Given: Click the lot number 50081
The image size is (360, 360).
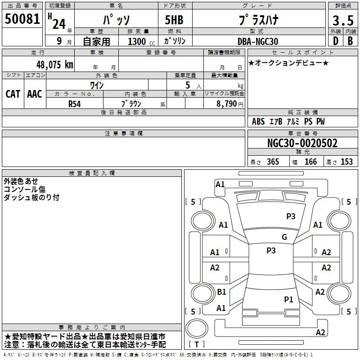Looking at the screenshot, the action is (22, 19).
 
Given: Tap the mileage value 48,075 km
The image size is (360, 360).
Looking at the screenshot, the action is (54, 64).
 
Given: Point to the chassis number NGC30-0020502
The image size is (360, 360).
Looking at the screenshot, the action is (302, 144).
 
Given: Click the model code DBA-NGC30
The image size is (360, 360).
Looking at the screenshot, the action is (258, 41).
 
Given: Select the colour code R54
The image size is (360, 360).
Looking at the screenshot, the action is (75, 103).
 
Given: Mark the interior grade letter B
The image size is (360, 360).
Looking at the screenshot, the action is (350, 41).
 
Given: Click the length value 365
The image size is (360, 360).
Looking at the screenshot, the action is (273, 162).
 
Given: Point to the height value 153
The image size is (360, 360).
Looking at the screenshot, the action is (346, 162).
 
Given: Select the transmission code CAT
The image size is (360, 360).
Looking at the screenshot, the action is (13, 94).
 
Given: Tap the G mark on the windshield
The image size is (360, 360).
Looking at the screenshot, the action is (284, 237).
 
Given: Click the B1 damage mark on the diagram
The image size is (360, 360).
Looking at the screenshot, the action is (221, 292).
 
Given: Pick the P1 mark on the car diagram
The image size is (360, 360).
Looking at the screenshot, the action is (288, 299).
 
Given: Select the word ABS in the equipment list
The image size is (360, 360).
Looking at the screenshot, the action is (258, 121).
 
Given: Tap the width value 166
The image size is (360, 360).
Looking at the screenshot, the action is (310, 162).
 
